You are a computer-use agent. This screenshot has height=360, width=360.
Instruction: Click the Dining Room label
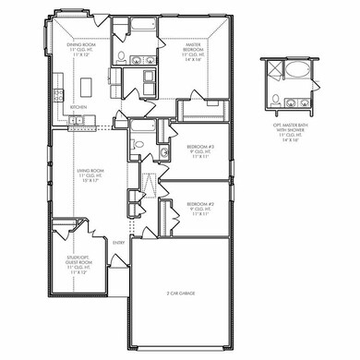point(75,47)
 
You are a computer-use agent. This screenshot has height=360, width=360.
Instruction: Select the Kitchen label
point(78,106)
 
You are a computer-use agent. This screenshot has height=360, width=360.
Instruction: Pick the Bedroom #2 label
point(200,208)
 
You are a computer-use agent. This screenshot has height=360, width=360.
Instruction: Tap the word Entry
point(118,243)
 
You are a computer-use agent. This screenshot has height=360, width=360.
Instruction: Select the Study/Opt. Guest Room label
point(69,266)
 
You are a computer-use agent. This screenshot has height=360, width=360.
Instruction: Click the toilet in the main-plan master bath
point(121,56)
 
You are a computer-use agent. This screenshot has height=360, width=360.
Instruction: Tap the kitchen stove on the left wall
point(57,93)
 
